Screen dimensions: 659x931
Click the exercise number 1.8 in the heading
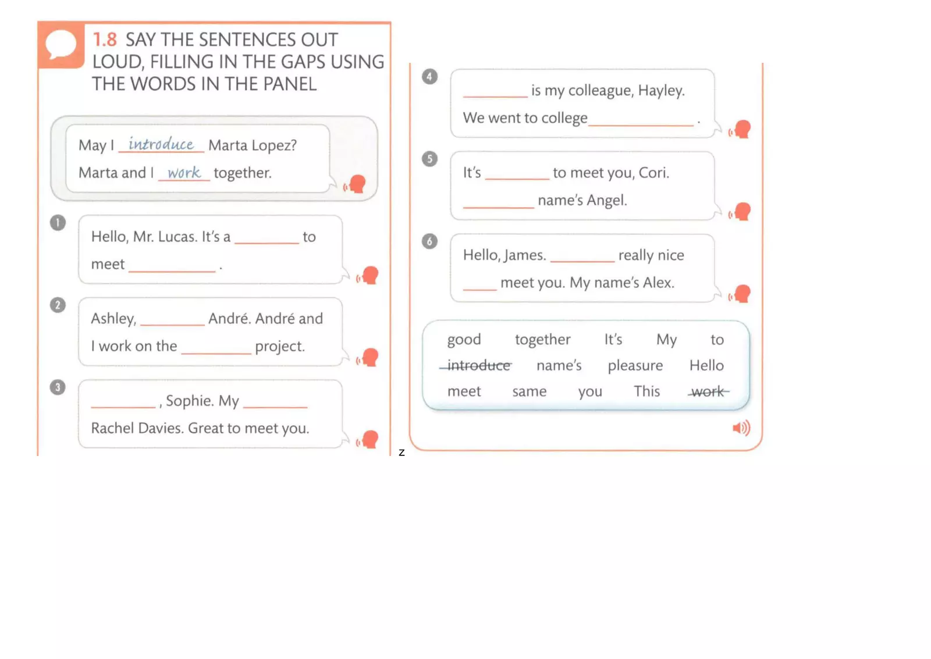coord(105,40)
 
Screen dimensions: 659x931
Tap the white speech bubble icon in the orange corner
coord(61,44)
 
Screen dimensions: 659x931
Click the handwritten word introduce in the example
coord(161,144)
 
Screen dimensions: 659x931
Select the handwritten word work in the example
coord(184,172)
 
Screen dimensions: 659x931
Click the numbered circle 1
coord(58,223)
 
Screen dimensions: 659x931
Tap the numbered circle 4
coord(429,76)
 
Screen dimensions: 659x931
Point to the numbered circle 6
coord(429,241)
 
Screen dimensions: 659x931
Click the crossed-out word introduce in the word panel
coord(478,365)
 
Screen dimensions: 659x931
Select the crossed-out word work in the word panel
coord(708,391)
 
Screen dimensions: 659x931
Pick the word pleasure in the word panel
coord(635,366)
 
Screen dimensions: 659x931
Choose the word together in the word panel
coord(542,340)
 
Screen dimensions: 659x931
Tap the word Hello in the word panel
coord(706,365)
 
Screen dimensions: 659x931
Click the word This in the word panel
coord(646,391)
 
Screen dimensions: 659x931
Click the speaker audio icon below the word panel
coord(741,429)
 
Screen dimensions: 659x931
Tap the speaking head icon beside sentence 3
coord(368,439)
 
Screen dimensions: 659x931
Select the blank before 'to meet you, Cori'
coord(517,177)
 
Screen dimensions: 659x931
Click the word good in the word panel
coord(464,340)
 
